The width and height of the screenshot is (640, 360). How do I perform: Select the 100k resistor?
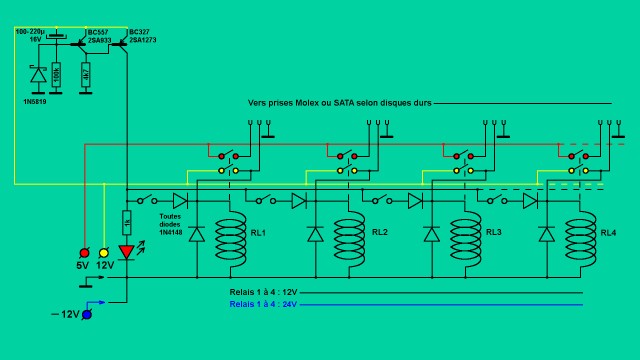pyautogui.click(x=56, y=76)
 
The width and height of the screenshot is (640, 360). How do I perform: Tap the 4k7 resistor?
pyautogui.click(x=85, y=76)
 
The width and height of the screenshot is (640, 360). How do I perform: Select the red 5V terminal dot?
pyautogui.click(x=84, y=252)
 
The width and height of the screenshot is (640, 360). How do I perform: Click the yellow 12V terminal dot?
pyautogui.click(x=104, y=252)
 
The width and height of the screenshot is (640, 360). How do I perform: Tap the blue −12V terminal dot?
pyautogui.click(x=87, y=315)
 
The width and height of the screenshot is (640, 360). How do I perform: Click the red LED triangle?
pyautogui.click(x=127, y=252)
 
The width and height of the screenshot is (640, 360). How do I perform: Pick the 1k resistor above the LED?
pyautogui.click(x=127, y=222)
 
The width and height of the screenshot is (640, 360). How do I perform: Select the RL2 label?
pyautogui.click(x=380, y=233)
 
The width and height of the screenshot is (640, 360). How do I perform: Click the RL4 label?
pyautogui.click(x=608, y=233)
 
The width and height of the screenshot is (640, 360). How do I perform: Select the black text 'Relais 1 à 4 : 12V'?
pyautogui.click(x=263, y=293)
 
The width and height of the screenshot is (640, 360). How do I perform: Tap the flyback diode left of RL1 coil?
pyautogui.click(x=197, y=234)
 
